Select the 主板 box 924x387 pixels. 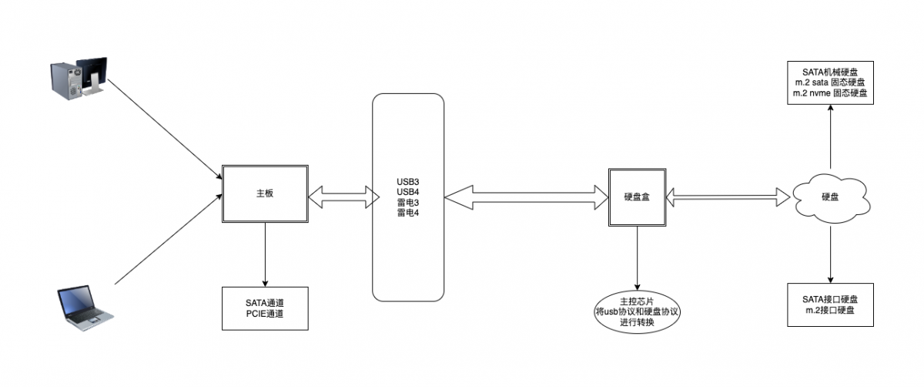click(x=265, y=194)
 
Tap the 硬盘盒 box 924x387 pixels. click(x=637, y=197)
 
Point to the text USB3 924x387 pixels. click(x=407, y=180)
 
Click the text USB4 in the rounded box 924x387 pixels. click(x=407, y=191)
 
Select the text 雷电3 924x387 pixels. click(x=407, y=202)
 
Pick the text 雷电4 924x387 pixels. click(x=407, y=213)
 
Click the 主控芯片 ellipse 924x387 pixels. click(x=637, y=311)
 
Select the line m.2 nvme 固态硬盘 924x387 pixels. click(x=831, y=93)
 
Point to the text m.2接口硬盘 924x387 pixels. click(x=831, y=310)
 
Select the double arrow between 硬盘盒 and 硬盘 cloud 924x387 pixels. click(x=731, y=197)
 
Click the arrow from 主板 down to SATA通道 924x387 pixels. click(x=265, y=254)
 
